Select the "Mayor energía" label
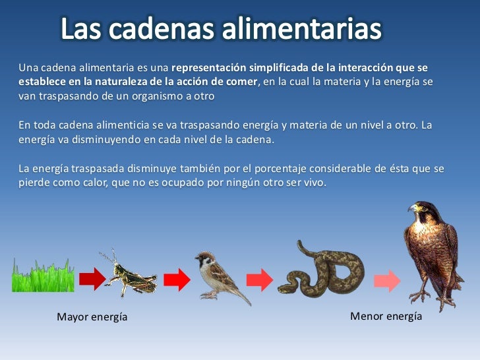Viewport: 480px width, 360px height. (x=92, y=317)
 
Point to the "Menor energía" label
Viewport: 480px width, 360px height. (x=386, y=316)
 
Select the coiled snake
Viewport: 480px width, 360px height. (x=321, y=270)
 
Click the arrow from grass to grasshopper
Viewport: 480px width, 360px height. (x=92, y=280)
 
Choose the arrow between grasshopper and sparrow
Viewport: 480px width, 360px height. (x=176, y=280)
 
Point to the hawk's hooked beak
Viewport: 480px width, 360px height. (x=412, y=210)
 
